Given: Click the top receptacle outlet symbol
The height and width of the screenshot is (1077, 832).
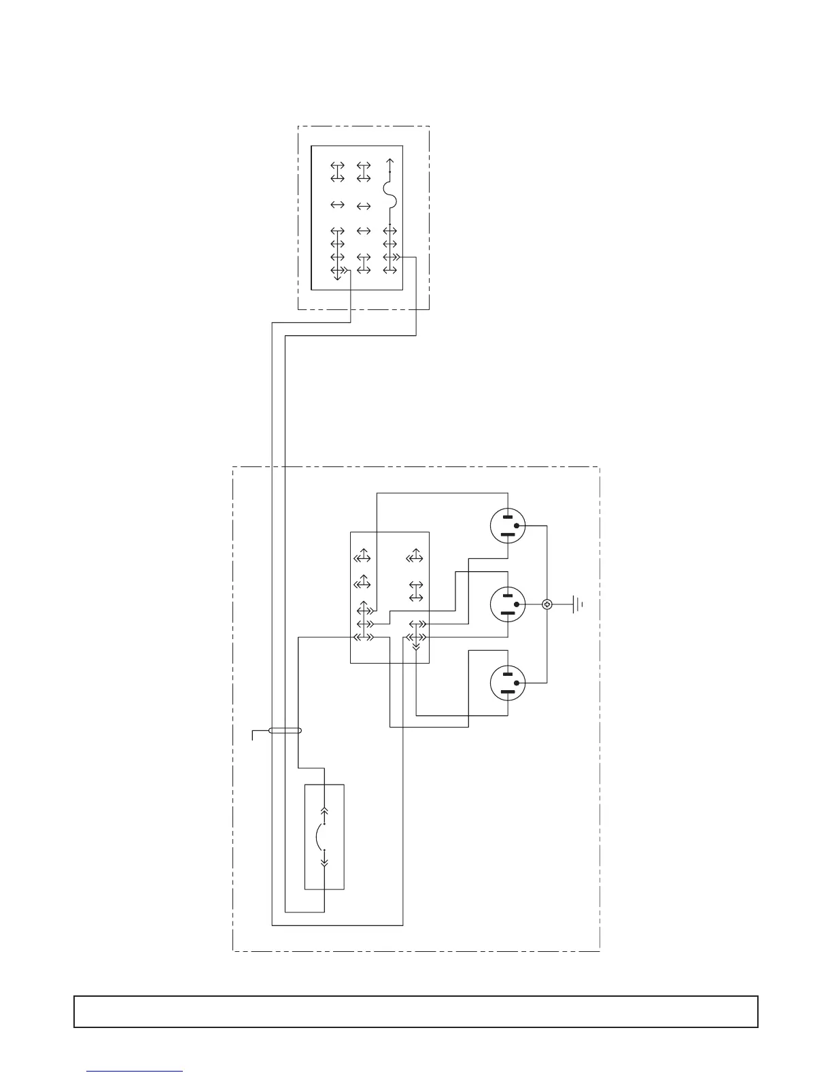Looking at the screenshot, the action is click(508, 526).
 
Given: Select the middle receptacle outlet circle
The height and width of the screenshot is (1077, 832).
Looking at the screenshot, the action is click(508, 604).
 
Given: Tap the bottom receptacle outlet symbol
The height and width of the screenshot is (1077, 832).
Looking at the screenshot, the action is click(508, 682).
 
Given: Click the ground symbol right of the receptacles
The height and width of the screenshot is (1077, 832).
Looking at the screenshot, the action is click(578, 603).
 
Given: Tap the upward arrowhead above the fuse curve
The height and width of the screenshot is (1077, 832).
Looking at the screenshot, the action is click(389, 161).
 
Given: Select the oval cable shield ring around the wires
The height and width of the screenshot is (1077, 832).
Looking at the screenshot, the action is click(285, 732).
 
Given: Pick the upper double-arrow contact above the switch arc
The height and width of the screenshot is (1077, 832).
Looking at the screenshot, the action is click(324, 810).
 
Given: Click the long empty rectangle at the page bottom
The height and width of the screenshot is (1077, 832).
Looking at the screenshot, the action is click(415, 1011).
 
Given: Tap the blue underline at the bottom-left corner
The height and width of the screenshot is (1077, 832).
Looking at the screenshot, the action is click(135, 1072).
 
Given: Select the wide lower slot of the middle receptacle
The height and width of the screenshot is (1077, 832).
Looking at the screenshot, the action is click(508, 613).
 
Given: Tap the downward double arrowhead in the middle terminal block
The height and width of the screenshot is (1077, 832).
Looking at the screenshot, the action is click(415, 647).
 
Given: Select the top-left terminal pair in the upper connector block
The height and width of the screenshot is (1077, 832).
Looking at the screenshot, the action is click(337, 171).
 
